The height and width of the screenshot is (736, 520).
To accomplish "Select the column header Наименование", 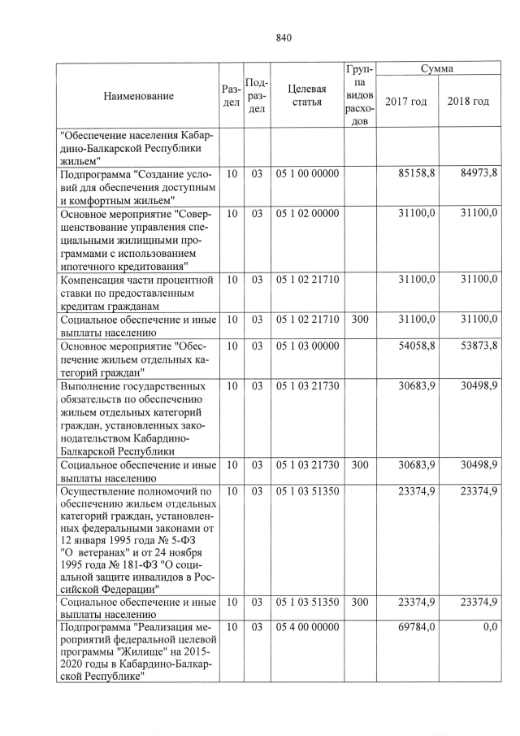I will [138, 96].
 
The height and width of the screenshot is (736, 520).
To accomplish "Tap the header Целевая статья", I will [307, 96].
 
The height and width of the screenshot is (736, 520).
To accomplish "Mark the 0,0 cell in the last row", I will [489, 627].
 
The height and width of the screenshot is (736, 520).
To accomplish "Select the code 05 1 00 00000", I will [307, 174].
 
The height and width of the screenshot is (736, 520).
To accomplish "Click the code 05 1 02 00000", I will [307, 213].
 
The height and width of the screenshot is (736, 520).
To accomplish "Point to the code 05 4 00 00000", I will [307, 627].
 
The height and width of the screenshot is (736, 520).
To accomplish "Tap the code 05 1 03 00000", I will [307, 346].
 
